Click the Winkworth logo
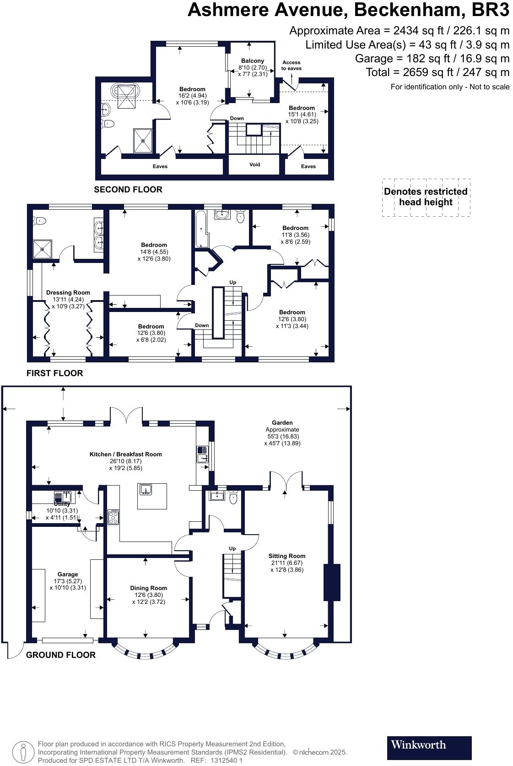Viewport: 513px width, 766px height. (429, 748)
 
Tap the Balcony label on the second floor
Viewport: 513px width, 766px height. (253, 61)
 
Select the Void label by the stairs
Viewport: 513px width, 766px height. (254, 164)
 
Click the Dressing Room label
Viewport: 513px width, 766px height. (68, 292)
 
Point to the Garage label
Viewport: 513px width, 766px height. (68, 574)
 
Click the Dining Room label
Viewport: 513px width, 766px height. (148, 588)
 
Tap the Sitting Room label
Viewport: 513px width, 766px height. (287, 556)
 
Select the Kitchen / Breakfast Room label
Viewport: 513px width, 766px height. (125, 454)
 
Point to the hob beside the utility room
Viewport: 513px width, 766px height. (113, 517)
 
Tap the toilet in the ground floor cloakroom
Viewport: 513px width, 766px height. (233, 498)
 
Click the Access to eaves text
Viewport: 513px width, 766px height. (291, 66)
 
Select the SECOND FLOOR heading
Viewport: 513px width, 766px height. (128, 189)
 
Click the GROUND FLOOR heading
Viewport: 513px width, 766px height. (60, 655)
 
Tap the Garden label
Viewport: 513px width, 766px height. (282, 422)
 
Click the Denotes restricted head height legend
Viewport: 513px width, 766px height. (426, 197)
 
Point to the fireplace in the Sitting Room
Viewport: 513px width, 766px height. (332, 582)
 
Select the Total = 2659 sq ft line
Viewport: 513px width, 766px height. (437, 72)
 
